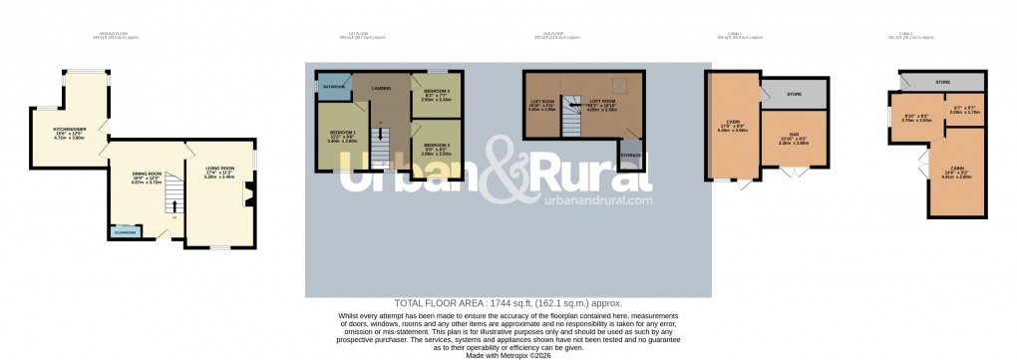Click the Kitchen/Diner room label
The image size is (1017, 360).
pos(56,133)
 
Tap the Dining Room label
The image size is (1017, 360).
pos(147,178)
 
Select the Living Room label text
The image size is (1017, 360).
pos(218,171)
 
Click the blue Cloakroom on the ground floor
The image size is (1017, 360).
pos(126,231)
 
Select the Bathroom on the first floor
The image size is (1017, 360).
pos(333,87)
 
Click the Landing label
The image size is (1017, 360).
pos(381,89)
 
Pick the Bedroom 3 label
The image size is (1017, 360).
pos(437,95)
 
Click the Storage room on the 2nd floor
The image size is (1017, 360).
pos(630,156)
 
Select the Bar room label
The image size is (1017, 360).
pos(794,138)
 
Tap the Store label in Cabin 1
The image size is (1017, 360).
pos(794,94)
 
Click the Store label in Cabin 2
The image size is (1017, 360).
pos(942,81)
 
